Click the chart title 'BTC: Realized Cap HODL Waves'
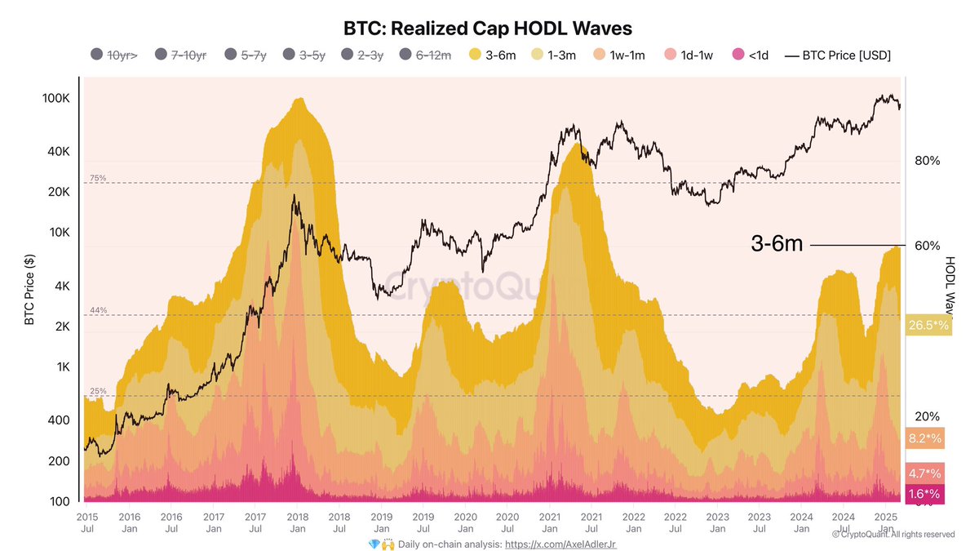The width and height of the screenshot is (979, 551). click(x=489, y=29)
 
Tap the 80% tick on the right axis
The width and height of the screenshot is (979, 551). click(x=928, y=161)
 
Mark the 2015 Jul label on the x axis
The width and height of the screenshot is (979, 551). click(x=87, y=522)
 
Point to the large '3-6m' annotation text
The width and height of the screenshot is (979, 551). click(x=777, y=244)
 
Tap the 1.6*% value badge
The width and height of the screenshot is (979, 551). click(x=924, y=494)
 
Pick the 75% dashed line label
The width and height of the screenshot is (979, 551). click(x=98, y=178)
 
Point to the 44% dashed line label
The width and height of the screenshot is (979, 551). click(x=98, y=311)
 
